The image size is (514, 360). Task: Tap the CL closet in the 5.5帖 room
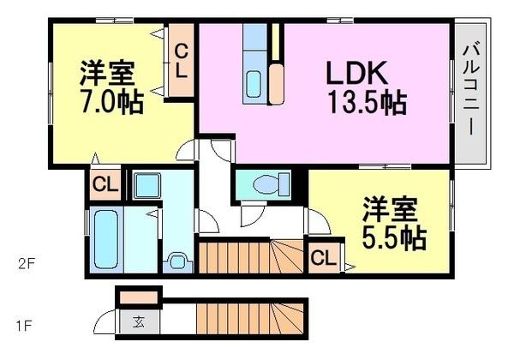[x=323, y=258]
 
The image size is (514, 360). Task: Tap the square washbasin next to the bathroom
[x=143, y=186]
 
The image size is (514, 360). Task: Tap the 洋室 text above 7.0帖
[x=108, y=70]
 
